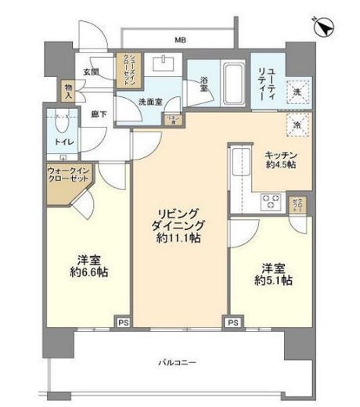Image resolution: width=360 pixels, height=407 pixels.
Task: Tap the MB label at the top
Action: pyautogui.click(x=180, y=39)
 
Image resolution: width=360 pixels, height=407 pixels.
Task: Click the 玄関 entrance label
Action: pyautogui.click(x=91, y=72)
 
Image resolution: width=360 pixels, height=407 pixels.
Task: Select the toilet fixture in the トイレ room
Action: pyautogui.click(x=60, y=128)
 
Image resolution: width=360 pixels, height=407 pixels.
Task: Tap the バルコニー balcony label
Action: pyautogui.click(x=180, y=362)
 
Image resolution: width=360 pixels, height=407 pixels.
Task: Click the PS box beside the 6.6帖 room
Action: pyautogui.click(x=122, y=322)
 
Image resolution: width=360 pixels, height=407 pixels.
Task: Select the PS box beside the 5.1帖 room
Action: pyautogui.click(x=232, y=322)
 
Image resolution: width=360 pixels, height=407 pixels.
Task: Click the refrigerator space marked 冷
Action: pyautogui.click(x=298, y=124)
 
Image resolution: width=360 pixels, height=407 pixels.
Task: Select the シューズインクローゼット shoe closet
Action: pyautogui.click(x=126, y=68)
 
